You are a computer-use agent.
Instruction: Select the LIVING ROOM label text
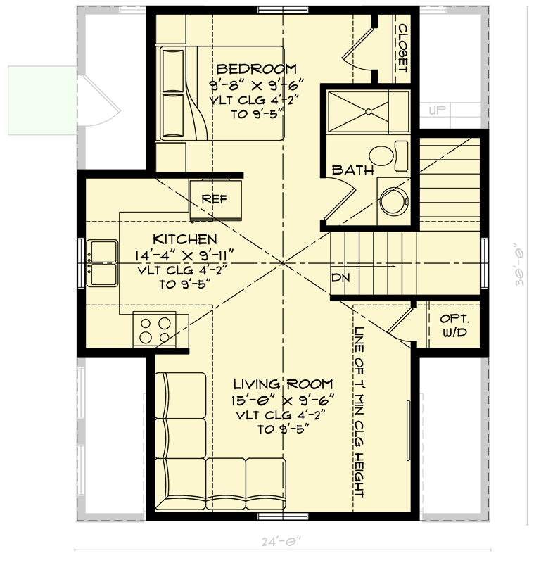tap(282, 384)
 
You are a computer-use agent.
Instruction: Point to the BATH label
tap(352, 170)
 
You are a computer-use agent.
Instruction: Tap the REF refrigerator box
tap(215, 198)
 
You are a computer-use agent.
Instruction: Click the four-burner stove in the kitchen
tap(155, 329)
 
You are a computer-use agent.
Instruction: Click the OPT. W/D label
tap(454, 324)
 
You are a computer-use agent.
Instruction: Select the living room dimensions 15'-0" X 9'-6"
tap(285, 399)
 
